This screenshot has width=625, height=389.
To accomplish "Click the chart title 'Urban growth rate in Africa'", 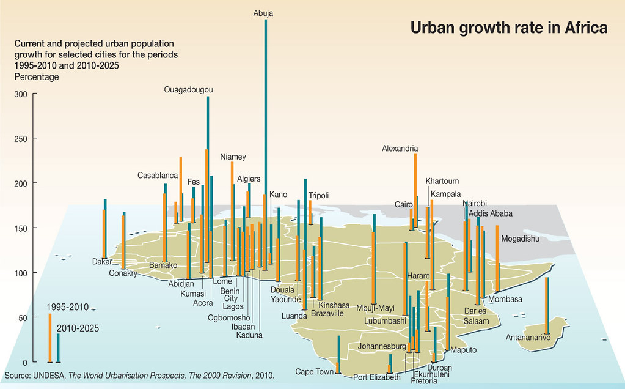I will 508,29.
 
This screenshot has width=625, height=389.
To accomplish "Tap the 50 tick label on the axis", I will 23,317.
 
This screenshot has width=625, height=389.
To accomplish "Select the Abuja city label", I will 263,13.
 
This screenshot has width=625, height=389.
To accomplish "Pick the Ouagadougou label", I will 189,90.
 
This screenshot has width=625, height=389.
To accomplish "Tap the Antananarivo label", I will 528,337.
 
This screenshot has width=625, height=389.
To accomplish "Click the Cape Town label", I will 315,371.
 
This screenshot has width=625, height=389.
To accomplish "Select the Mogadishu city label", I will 520,239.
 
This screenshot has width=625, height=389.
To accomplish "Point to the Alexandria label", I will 400,148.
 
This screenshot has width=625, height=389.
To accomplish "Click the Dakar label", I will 103,262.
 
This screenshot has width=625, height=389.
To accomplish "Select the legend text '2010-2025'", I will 78,328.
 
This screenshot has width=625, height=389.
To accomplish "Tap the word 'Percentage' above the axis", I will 37,77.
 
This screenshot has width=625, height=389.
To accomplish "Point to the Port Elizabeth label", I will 376,377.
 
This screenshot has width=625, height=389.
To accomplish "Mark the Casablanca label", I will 158,175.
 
